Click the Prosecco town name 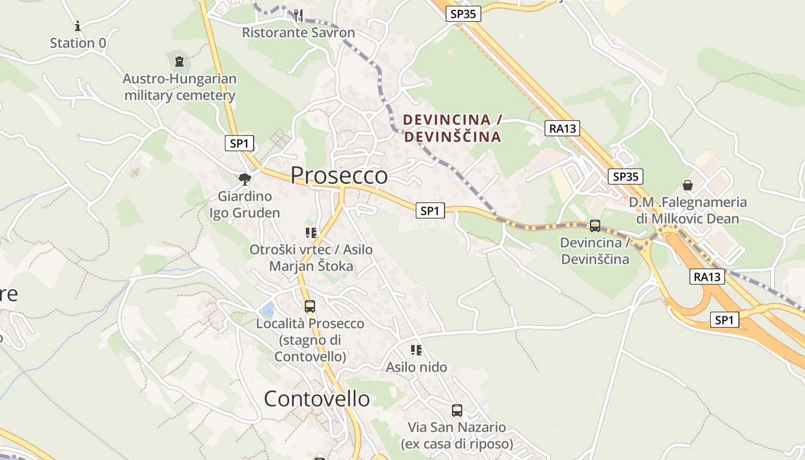pos(339,175)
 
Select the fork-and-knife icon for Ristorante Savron pos(298,16)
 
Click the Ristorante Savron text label pos(298,33)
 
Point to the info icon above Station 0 pos(78,26)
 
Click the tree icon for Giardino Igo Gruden pos(245,179)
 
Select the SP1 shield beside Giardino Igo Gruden pos(239,144)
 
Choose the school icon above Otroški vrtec pos(311,233)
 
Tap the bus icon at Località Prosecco pos(310,306)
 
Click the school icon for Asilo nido pos(416,350)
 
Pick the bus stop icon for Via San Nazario pos(457,411)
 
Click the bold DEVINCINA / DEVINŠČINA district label pos(452,128)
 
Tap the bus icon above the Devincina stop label pos(595,226)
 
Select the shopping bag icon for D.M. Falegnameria pos(687,185)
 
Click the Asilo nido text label pos(416,367)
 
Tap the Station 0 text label pos(78,43)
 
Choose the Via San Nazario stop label pos(457,436)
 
